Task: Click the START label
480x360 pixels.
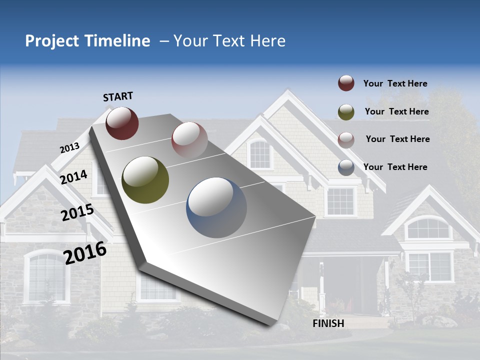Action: pos(118,96)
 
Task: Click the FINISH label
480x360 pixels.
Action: pos(328,323)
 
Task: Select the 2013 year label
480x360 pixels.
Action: pos(70,148)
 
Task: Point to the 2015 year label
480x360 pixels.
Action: pos(77,212)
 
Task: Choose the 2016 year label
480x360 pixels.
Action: pos(85,252)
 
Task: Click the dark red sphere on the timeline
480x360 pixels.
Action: pos(122,123)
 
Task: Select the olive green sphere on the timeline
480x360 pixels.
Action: pos(145,180)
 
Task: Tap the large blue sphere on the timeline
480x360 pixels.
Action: pos(216,207)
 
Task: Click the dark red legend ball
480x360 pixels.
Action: pos(346,83)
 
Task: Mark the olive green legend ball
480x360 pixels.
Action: pos(346,111)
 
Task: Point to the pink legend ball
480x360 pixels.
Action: pos(346,139)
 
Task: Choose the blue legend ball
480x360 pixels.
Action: pos(346,167)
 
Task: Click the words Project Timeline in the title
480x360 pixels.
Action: pos(87,41)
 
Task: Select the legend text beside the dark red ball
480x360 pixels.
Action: pos(395,83)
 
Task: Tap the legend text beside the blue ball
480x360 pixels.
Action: pos(395,167)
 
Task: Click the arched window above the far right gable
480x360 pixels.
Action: pos(427,229)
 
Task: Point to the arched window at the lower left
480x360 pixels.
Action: pos(46,276)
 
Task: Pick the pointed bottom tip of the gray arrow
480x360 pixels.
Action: pos(270,324)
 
